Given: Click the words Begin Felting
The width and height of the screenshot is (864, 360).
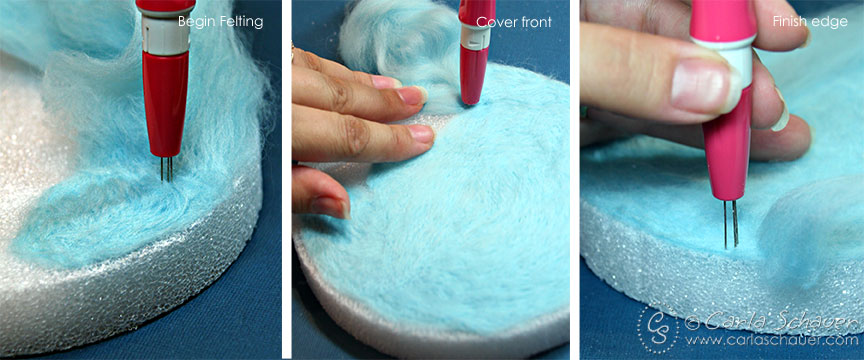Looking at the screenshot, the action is (x=220, y=22).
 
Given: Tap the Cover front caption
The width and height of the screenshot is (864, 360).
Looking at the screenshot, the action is (x=514, y=22).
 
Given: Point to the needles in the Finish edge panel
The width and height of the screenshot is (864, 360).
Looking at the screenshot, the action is (x=731, y=223).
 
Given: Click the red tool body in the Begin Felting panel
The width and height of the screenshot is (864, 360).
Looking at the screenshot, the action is (x=166, y=105).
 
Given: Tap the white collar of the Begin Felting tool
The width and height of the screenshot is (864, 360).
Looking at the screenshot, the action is (x=165, y=33).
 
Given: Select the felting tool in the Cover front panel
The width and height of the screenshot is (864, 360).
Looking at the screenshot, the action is (x=476, y=51).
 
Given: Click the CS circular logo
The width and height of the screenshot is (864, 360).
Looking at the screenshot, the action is (x=659, y=330).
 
